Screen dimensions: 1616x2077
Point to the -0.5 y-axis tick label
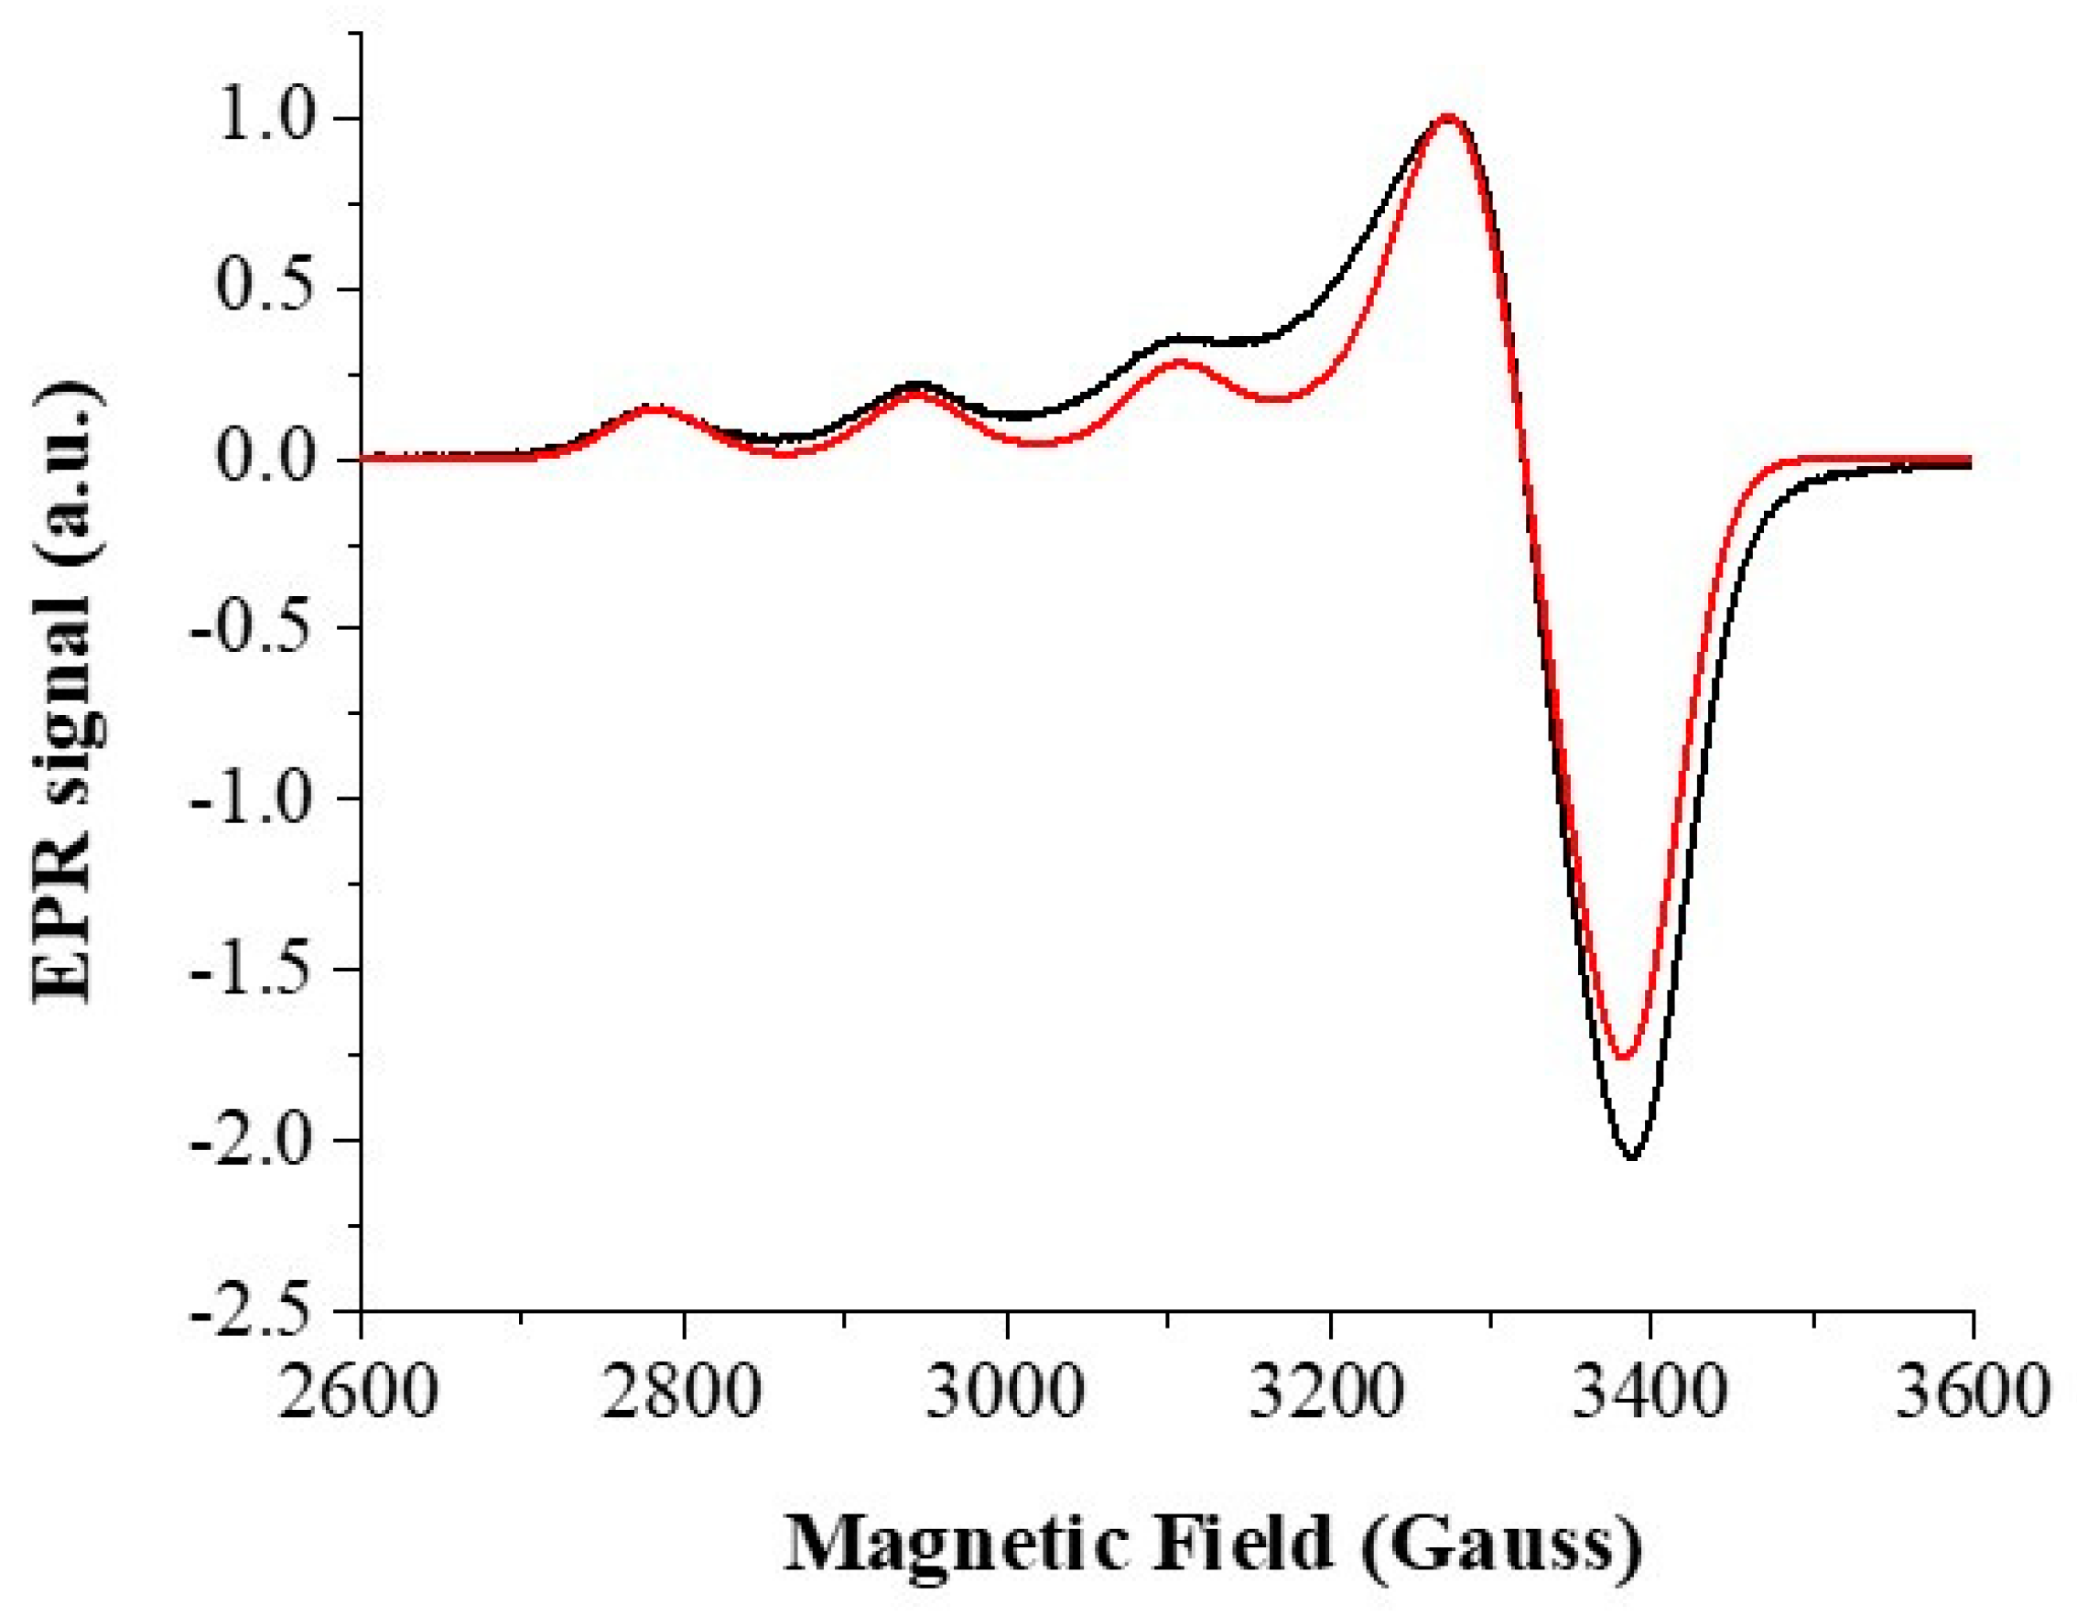pyautogui.click(x=253, y=629)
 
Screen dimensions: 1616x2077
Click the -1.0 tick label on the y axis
pyautogui.click(x=253, y=799)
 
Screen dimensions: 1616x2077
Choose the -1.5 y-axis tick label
pyautogui.click(x=253, y=970)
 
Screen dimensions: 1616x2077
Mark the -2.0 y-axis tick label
pyautogui.click(x=253, y=1141)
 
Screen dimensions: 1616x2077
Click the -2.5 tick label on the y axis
pyautogui.click(x=253, y=1309)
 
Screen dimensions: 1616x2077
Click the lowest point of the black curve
pyautogui.click(x=1633, y=1157)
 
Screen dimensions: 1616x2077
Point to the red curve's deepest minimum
pyautogui.click(x=1624, y=1057)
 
